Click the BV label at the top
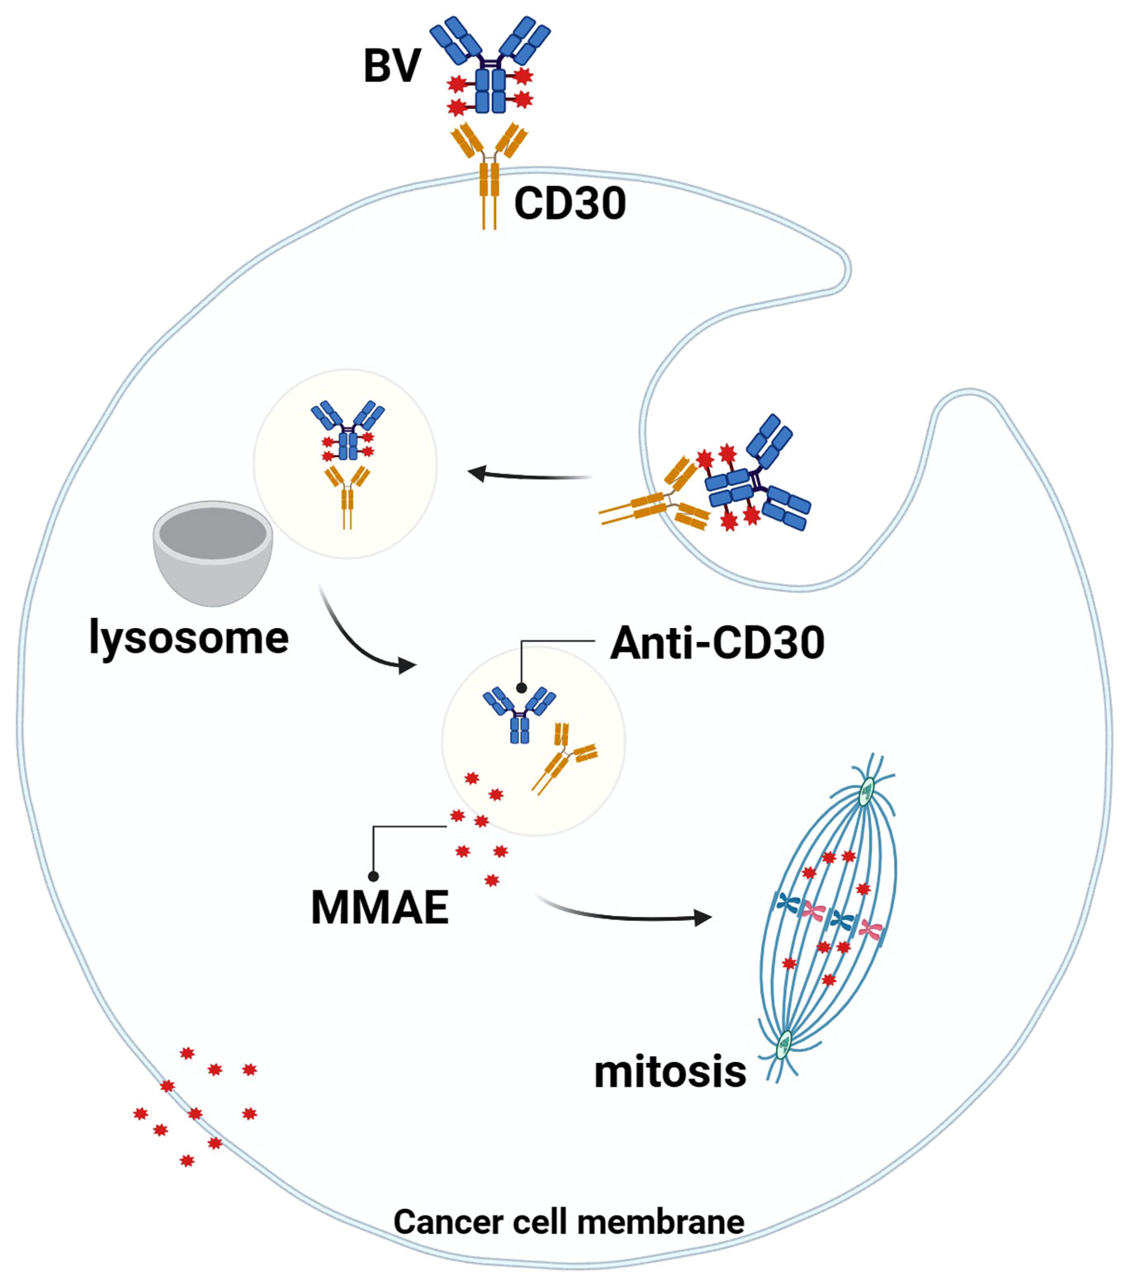pos(392,66)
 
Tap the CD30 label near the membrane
pos(570,203)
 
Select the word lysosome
pos(189,638)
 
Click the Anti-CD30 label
pos(717,643)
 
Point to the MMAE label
pos(380,908)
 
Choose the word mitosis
pos(669,1072)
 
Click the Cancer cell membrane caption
pos(569,1222)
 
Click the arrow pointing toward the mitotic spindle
pos(627,913)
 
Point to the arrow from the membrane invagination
pos(528,475)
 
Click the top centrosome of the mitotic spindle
pos(867,792)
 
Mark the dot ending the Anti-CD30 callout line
pos(521,687)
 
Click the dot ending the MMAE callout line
pos(373,876)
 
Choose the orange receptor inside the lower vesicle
pos(564,755)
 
